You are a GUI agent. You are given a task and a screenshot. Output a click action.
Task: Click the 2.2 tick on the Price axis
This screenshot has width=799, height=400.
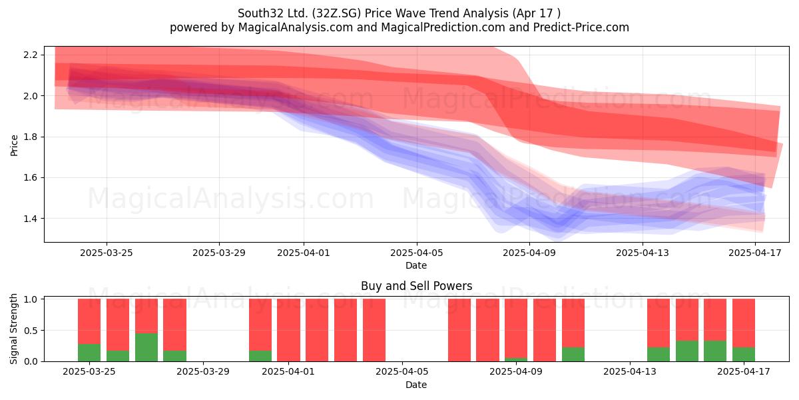point(31,55)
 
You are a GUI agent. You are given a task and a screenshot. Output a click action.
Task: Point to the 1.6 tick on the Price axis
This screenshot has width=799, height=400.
point(31,177)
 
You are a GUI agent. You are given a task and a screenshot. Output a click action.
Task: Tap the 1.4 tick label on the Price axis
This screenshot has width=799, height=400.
point(31,219)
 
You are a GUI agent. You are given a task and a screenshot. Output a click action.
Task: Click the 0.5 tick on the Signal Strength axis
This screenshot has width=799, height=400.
point(31,331)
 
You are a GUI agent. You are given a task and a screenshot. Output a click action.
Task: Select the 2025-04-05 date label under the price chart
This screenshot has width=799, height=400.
point(416,253)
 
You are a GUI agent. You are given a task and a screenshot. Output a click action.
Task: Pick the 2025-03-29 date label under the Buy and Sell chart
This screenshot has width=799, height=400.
point(203,371)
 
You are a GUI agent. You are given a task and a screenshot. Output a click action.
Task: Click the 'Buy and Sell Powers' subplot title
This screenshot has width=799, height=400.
point(416,286)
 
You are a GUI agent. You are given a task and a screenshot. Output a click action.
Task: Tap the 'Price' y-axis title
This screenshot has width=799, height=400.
point(14,145)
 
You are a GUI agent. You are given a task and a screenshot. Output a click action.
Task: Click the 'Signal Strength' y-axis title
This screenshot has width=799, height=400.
point(13,329)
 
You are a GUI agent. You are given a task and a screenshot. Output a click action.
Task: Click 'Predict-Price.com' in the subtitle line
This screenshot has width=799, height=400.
point(581,27)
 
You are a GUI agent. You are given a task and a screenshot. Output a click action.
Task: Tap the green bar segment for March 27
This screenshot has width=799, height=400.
point(146,347)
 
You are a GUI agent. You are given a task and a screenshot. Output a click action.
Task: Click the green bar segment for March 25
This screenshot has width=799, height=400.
point(89,353)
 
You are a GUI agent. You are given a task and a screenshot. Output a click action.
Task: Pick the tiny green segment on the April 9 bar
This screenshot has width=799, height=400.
point(516,359)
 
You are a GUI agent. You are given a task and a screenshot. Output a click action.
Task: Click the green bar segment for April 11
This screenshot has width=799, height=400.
point(573,354)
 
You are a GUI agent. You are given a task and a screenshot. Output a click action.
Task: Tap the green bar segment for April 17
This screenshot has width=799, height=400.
point(744,354)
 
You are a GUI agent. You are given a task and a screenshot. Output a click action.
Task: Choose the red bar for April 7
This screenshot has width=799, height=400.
point(459,330)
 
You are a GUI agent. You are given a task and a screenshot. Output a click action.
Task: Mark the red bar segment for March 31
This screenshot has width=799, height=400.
point(260,325)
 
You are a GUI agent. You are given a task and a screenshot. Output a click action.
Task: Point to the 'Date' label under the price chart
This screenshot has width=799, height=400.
point(416,265)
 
